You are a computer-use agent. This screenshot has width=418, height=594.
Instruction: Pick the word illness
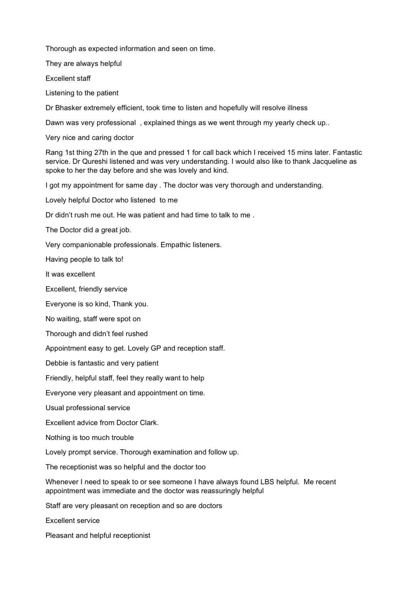pos(296,108)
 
